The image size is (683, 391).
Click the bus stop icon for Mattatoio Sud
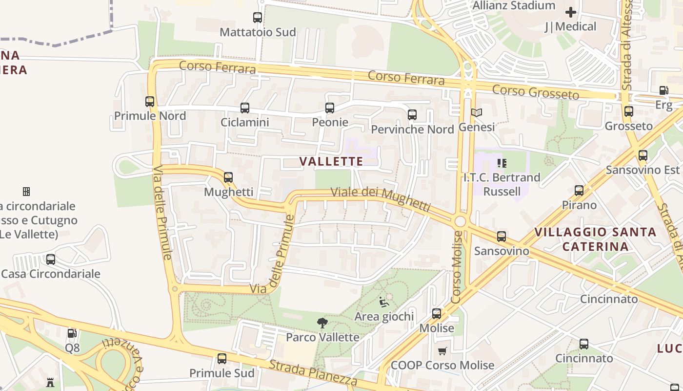pyautogui.click(x=258, y=18)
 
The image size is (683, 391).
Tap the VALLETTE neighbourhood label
pyautogui.click(x=331, y=161)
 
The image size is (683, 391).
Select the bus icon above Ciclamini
pyautogui.click(x=245, y=108)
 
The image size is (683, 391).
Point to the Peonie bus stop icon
pyautogui.click(x=330, y=108)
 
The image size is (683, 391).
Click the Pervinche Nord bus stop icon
pyautogui.click(x=412, y=115)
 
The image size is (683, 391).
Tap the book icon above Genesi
pyautogui.click(x=477, y=113)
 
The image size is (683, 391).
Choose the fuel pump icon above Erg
pyautogui.click(x=663, y=90)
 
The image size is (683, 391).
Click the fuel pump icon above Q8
pyautogui.click(x=72, y=333)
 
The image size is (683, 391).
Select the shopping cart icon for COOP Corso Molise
pyautogui.click(x=442, y=351)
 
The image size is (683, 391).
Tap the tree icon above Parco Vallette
pyautogui.click(x=322, y=323)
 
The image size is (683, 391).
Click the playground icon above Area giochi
pyautogui.click(x=384, y=302)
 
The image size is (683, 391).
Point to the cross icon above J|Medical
pyautogui.click(x=570, y=12)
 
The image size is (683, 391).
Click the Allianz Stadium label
pyautogui.click(x=514, y=5)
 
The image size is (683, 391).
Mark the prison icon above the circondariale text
pyautogui.click(x=26, y=191)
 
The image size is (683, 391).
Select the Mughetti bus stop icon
pyautogui.click(x=228, y=177)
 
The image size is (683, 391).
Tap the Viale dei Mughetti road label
pyautogui.click(x=381, y=198)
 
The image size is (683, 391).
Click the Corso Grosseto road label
pyautogui.click(x=535, y=91)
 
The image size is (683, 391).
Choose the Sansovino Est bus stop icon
pyautogui.click(x=643, y=155)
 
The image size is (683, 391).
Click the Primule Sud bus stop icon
pyautogui.click(x=222, y=359)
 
